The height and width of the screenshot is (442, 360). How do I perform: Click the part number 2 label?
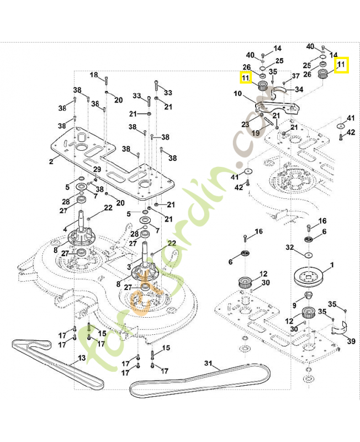51,162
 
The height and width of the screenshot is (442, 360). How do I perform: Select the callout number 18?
93,75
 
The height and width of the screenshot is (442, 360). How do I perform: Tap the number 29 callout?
97,169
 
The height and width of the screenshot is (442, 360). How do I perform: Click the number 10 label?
238,94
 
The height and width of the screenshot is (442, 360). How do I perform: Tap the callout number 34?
299,89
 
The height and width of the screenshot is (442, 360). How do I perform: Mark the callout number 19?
256,133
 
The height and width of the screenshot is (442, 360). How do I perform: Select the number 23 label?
245,125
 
